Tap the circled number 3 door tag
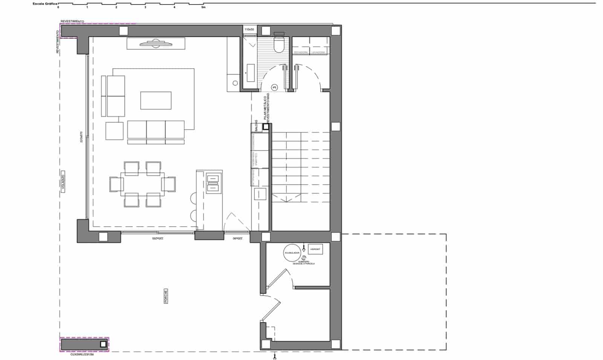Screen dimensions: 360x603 274,87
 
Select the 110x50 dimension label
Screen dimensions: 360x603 249,29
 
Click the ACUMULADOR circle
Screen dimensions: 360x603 292,253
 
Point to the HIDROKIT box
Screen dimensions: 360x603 315,249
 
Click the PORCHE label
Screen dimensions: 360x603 166,296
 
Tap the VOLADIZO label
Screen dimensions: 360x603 63,182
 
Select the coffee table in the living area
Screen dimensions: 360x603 156,101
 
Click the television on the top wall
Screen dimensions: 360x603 156,44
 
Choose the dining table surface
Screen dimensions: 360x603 142,184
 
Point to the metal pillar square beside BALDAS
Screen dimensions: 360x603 266,127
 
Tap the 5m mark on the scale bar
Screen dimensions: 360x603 204,7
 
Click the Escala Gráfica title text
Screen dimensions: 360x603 45,3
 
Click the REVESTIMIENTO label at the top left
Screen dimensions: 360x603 72,21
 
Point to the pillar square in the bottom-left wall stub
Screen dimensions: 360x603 103,344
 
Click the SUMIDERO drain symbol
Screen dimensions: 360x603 304,258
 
